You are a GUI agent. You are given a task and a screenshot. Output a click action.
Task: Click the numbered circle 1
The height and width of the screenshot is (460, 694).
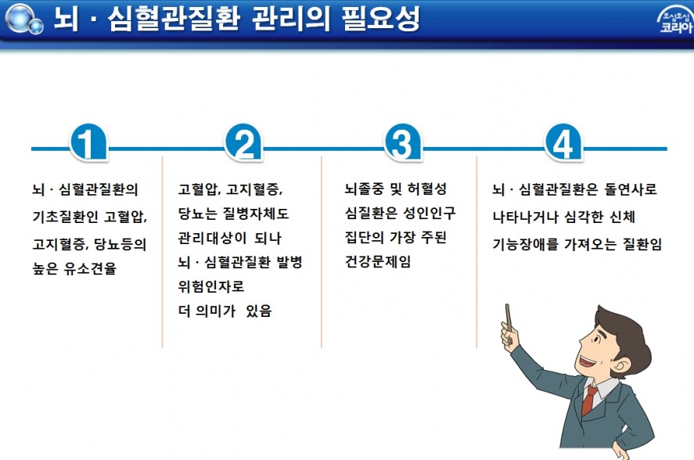tap(88, 142)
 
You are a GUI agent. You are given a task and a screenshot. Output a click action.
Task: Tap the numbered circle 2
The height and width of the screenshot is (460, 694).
tap(244, 142)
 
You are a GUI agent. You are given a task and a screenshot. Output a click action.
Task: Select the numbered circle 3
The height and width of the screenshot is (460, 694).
tap(403, 142)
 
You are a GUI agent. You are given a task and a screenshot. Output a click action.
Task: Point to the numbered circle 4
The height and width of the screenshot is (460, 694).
tap(563, 142)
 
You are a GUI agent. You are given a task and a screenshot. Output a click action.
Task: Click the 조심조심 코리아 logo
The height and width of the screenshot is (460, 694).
tap(675, 20)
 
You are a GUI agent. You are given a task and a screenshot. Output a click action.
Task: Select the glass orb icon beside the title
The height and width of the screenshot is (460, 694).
tap(23, 19)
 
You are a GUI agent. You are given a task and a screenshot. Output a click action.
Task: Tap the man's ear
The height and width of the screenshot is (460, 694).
tap(621, 366)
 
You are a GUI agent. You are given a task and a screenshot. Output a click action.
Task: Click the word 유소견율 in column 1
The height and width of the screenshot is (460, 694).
tap(90, 268)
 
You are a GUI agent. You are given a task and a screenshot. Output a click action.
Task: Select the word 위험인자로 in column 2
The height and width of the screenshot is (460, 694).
tap(211, 286)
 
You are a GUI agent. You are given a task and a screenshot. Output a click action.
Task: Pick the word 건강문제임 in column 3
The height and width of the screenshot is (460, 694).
tap(378, 261)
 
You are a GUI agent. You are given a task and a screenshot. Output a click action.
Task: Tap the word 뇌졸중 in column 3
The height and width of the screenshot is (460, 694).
tap(365, 189)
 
